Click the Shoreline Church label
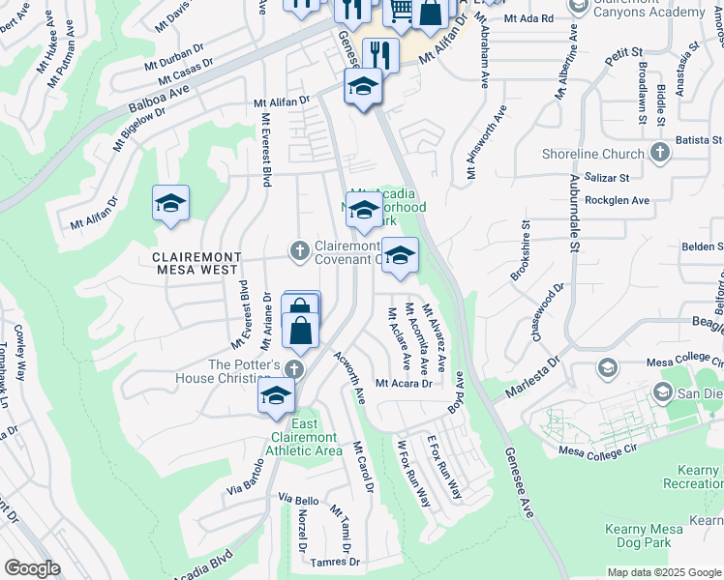point(593,154)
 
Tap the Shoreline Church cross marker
point(659,153)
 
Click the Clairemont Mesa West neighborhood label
point(196,264)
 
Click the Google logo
point(32,568)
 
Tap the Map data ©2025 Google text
point(664,572)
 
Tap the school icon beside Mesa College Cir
point(607,367)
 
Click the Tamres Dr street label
point(336,562)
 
